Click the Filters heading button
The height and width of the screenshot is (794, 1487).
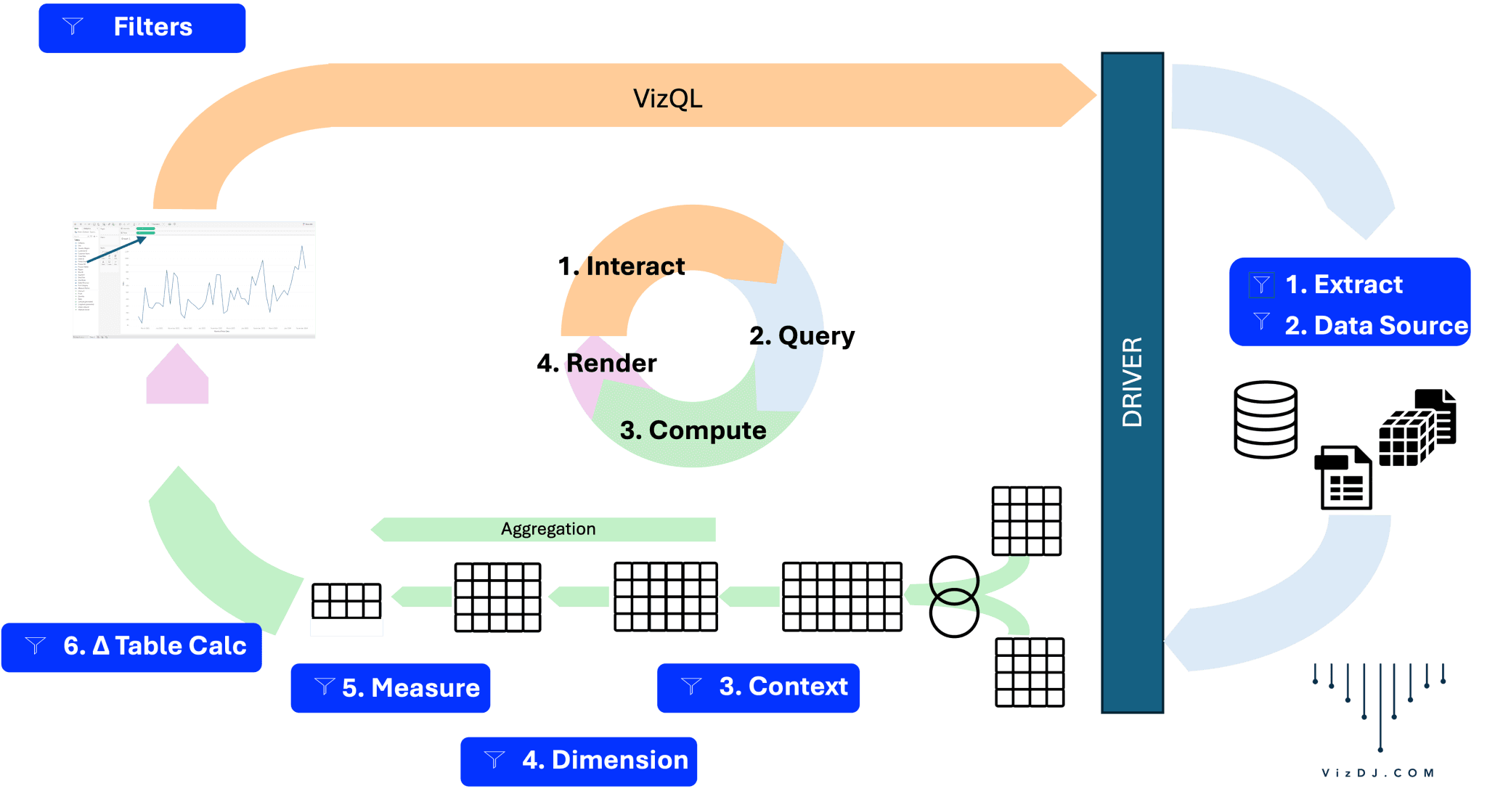tap(142, 28)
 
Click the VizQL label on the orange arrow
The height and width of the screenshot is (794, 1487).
tap(667, 98)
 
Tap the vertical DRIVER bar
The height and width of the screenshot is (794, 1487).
tap(1132, 382)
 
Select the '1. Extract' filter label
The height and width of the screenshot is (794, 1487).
tap(1343, 285)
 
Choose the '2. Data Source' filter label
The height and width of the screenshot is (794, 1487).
tap(1376, 326)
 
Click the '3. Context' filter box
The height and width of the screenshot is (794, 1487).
tap(759, 687)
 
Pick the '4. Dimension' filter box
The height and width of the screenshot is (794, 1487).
tap(579, 761)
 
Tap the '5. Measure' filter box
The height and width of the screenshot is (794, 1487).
tap(391, 687)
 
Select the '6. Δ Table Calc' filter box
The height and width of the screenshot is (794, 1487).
tap(131, 646)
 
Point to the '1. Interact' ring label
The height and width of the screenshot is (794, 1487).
tap(622, 266)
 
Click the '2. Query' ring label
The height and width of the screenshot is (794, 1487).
tap(802, 336)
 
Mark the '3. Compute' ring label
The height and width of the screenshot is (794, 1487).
tap(693, 430)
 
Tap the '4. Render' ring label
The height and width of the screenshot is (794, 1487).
tap(597, 363)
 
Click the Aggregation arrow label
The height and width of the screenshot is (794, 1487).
tap(548, 529)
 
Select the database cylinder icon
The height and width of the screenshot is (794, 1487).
tap(1266, 419)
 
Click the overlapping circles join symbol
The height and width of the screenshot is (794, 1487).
tap(954, 597)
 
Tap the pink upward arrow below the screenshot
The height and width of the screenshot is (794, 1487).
tap(177, 375)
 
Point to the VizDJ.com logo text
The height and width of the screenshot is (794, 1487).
tap(1377, 773)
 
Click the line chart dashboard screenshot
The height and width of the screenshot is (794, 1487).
tap(194, 279)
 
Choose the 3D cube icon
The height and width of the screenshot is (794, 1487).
tap(1405, 438)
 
